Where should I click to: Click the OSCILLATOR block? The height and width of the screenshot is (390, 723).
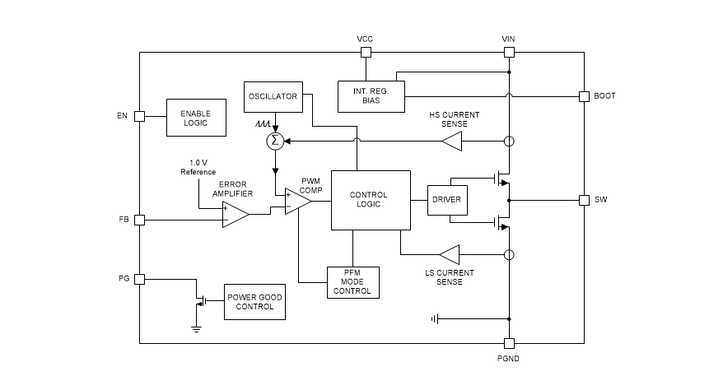pyautogui.click(x=273, y=96)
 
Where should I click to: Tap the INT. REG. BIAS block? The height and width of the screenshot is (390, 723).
pyautogui.click(x=371, y=96)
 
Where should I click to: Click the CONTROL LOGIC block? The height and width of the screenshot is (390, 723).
pyautogui.click(x=370, y=200)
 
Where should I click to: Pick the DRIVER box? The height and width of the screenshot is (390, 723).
pyautogui.click(x=446, y=200)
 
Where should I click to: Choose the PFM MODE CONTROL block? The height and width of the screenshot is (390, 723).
pyautogui.click(x=352, y=281)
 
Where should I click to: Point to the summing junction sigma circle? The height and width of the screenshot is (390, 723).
pyautogui.click(x=275, y=142)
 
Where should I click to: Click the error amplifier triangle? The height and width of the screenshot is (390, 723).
pyautogui.click(x=235, y=215)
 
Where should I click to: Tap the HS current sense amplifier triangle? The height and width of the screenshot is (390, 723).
pyautogui.click(x=452, y=142)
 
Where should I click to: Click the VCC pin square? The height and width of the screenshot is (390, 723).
pyautogui.click(x=365, y=53)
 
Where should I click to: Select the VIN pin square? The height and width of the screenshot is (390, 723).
pyautogui.click(x=509, y=53)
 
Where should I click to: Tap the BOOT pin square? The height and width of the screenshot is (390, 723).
pyautogui.click(x=584, y=95)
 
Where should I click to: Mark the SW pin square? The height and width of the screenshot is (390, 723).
pyautogui.click(x=584, y=200)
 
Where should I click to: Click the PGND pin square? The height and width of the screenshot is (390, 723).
pyautogui.click(x=509, y=343)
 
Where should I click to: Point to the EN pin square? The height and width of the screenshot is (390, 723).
pyautogui.click(x=139, y=116)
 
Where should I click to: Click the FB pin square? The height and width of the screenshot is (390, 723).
pyautogui.click(x=139, y=220)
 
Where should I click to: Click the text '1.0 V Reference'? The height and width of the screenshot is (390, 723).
pyautogui.click(x=198, y=167)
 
